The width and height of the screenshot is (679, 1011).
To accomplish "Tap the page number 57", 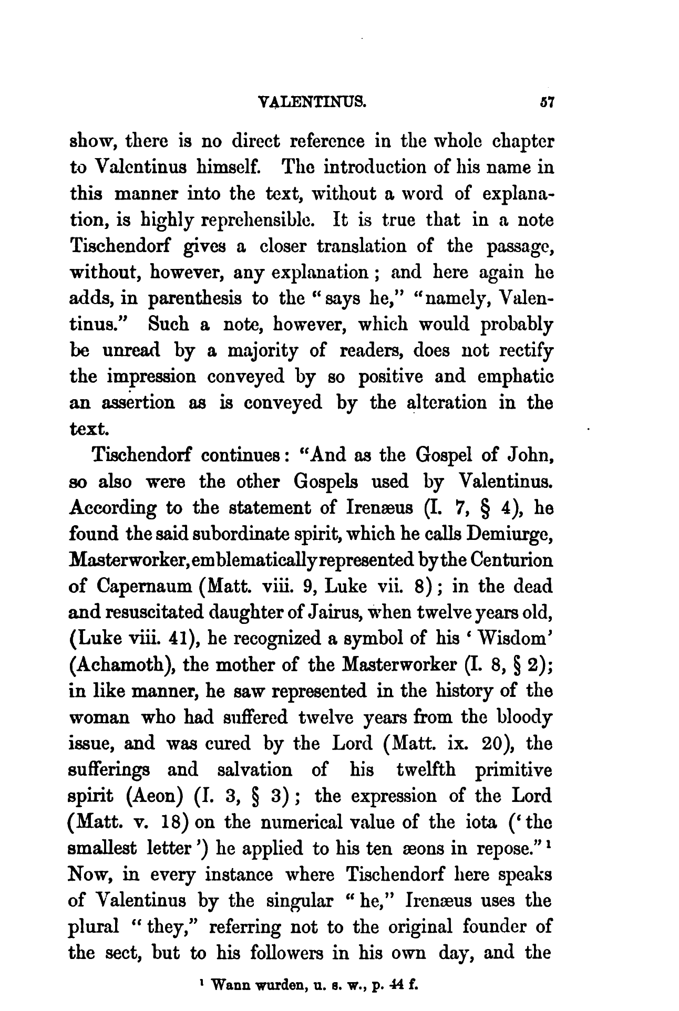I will click(543, 101).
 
